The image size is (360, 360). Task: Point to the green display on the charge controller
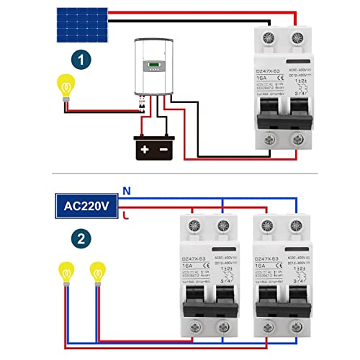tap(155, 69)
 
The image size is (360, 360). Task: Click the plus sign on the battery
tap(145, 150)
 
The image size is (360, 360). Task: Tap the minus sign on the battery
tap(165, 150)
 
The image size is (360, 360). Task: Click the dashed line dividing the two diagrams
tap(180, 174)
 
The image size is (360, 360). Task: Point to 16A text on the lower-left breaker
tap(186, 266)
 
